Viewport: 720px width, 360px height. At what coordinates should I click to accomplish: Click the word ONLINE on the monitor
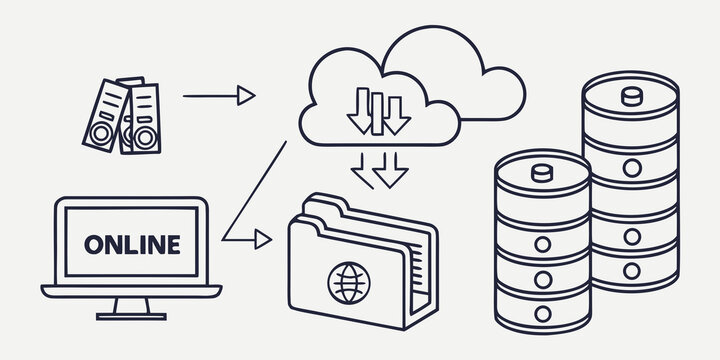coord(133,243)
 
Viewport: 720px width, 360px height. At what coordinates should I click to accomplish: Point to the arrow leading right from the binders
coord(219,96)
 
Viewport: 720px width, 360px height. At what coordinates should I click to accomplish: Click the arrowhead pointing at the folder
coord(265,239)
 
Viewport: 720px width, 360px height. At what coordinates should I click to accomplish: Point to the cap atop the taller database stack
coord(631,96)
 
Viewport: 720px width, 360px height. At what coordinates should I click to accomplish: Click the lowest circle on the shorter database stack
coord(542,311)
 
